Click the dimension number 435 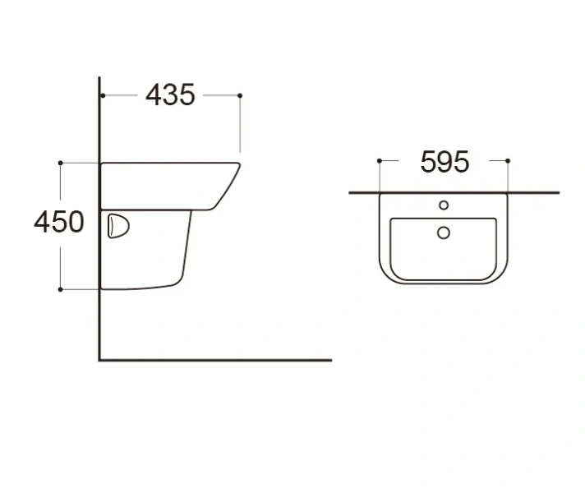click(x=170, y=95)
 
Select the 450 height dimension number click(x=58, y=222)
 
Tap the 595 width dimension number click(x=445, y=162)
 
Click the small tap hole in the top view click(x=444, y=205)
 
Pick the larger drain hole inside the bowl click(x=444, y=233)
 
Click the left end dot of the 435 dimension click(x=102, y=95)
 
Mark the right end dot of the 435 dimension click(x=240, y=95)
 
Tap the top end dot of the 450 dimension click(x=60, y=163)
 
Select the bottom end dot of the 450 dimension click(x=60, y=289)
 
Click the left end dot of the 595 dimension click(x=379, y=160)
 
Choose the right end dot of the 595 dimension click(x=508, y=160)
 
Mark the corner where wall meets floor click(x=100, y=359)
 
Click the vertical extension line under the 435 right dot click(x=240, y=127)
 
